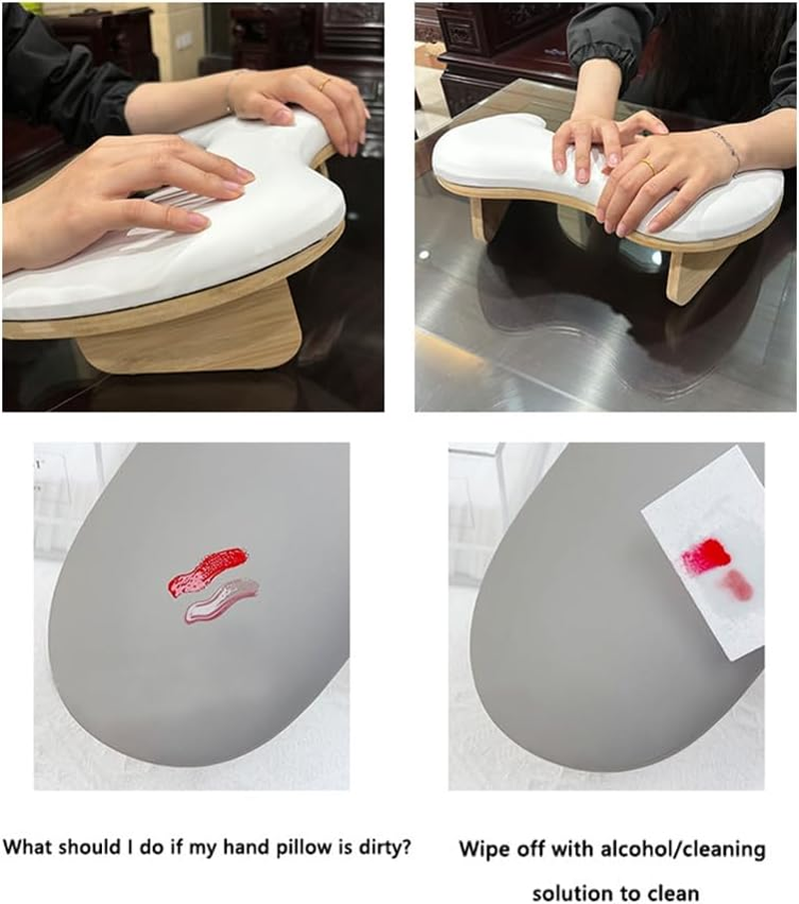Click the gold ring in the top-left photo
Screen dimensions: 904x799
(326, 85)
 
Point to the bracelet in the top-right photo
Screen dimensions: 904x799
(727, 147)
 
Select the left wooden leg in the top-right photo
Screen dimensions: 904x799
(489, 219)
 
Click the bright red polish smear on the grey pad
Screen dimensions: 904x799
(207, 570)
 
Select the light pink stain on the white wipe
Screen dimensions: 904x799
(736, 585)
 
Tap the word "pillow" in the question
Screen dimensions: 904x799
(253, 848)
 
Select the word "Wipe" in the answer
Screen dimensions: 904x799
(483, 850)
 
